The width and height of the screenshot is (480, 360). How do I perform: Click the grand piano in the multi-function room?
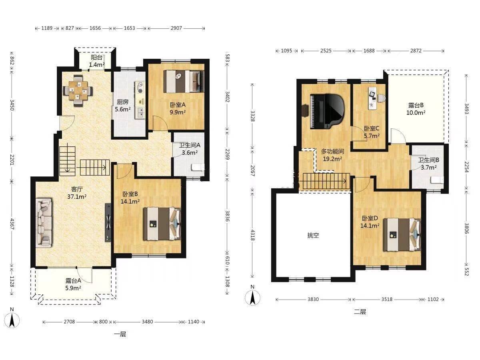pyautogui.click(x=327, y=111)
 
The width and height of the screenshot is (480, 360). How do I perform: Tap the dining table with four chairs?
pyautogui.click(x=78, y=90)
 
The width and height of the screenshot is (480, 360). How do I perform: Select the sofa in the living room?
pyautogui.click(x=44, y=223)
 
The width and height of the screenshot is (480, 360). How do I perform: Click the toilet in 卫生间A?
pyautogui.click(x=198, y=168)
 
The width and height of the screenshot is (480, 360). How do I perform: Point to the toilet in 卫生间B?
pyautogui.click(x=437, y=180)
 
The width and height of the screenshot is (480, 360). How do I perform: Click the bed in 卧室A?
pyautogui.click(x=184, y=81)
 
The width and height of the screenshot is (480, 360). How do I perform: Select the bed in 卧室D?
pyautogui.click(x=402, y=234)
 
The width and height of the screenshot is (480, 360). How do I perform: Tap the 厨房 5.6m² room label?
pyautogui.click(x=123, y=106)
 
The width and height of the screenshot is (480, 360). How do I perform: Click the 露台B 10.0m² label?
pyautogui.click(x=416, y=109)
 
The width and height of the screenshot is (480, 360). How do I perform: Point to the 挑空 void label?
pyautogui.click(x=313, y=236)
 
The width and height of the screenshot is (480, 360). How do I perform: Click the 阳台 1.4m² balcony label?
pyautogui.click(x=97, y=61)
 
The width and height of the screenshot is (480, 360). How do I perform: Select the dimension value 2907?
pyautogui.click(x=176, y=28)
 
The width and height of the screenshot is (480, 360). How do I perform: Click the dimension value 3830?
pyautogui.click(x=313, y=299)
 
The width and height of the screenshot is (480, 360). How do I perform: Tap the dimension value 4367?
pyautogui.click(x=12, y=224)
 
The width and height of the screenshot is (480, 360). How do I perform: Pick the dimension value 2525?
pyautogui.click(x=326, y=51)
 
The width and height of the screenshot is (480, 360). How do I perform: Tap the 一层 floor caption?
pyautogui.click(x=120, y=334)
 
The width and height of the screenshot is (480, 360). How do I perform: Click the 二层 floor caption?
pyautogui.click(x=360, y=312)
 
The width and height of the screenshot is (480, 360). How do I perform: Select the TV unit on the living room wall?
pyautogui.click(x=108, y=222)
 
